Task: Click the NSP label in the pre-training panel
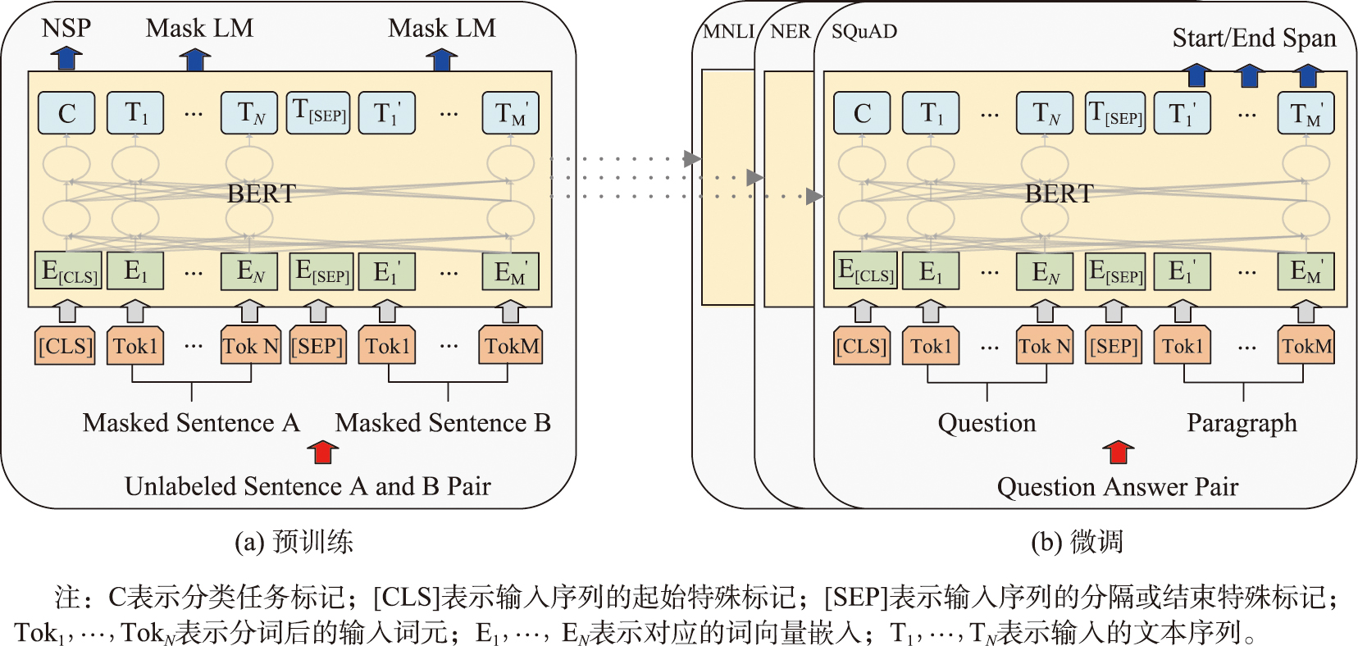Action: click(x=66, y=28)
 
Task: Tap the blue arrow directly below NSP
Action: click(x=66, y=58)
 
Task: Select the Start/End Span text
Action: click(x=1254, y=38)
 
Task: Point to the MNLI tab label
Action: click(x=728, y=31)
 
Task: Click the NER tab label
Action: click(x=790, y=31)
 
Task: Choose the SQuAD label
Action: click(x=864, y=31)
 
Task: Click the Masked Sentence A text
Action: click(x=190, y=423)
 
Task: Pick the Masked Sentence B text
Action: click(x=443, y=423)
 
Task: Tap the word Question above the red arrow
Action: click(x=987, y=423)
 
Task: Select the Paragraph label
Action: click(x=1242, y=423)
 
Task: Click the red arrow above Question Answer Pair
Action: click(x=1118, y=453)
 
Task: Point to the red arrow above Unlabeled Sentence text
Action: click(x=322, y=453)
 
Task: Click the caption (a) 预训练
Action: click(x=294, y=542)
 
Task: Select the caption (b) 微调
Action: click(x=1077, y=542)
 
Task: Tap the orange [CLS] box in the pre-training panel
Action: click(x=66, y=346)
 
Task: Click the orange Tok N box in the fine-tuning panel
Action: click(x=1045, y=346)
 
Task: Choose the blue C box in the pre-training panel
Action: click(x=66, y=113)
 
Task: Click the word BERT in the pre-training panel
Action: click(x=261, y=194)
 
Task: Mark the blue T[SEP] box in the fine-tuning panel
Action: click(x=1114, y=113)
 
